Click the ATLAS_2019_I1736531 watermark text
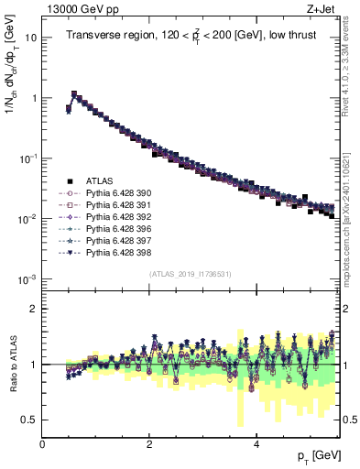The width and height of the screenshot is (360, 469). click(190, 273)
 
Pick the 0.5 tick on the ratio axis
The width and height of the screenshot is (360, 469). click(27, 420)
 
